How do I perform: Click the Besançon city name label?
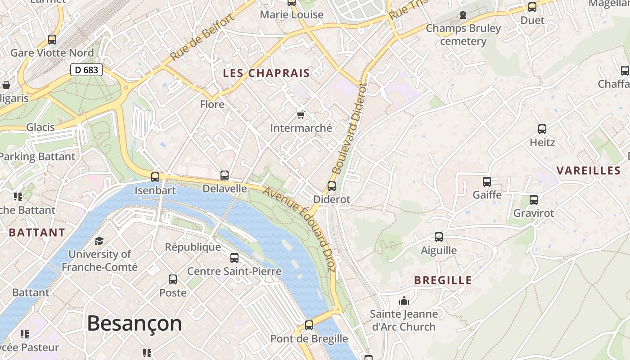(x=134, y=323)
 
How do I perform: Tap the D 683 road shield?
(x=86, y=70)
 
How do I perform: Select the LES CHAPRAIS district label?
(x=266, y=73)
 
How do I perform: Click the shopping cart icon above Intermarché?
(x=301, y=115)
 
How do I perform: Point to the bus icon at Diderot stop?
(x=332, y=186)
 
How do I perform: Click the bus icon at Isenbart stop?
(x=155, y=177)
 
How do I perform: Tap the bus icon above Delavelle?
(x=225, y=175)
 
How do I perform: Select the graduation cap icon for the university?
(x=99, y=241)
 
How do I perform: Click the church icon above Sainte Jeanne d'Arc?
(x=404, y=301)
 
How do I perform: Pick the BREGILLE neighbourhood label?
(x=443, y=280)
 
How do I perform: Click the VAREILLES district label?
(x=589, y=171)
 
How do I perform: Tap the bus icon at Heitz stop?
(x=542, y=129)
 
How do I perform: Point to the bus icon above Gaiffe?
(x=487, y=182)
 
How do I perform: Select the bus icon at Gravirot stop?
(x=534, y=200)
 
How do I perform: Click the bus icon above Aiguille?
(x=439, y=237)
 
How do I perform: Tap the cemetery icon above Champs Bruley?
(x=463, y=15)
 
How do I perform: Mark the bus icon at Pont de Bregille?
(x=309, y=325)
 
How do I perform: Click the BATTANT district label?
(x=37, y=233)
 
